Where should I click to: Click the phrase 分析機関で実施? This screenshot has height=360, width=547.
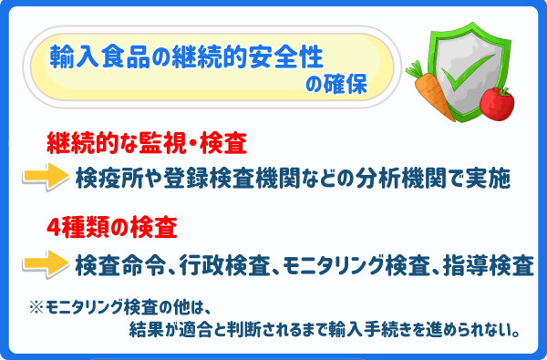pos(448,177)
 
